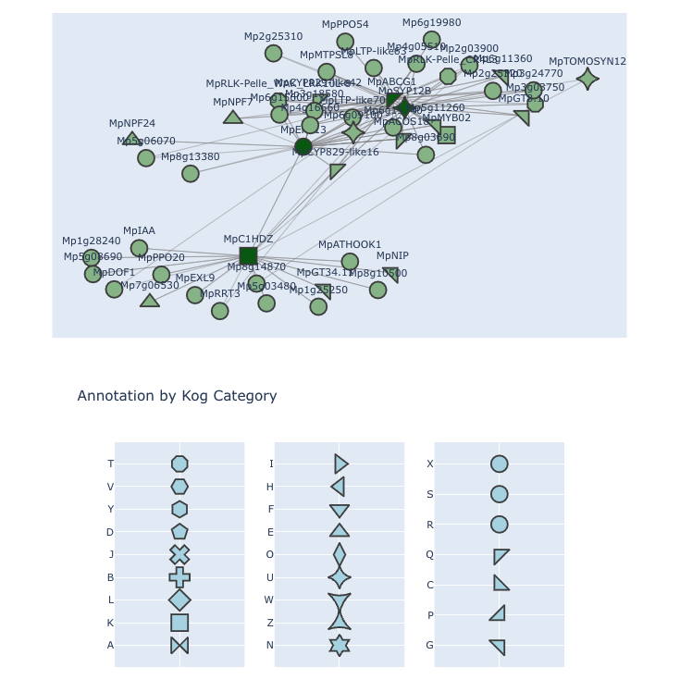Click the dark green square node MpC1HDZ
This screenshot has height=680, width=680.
click(x=248, y=255)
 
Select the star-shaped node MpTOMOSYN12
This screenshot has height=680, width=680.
click(x=587, y=79)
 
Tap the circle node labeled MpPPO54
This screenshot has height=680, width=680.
click(x=345, y=42)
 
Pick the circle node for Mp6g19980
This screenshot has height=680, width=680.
click(x=432, y=40)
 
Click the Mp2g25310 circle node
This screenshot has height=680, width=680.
click(x=273, y=54)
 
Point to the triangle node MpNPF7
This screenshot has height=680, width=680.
click(x=233, y=117)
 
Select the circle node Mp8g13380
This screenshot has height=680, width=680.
click(x=191, y=174)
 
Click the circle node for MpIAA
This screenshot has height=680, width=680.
click(x=139, y=248)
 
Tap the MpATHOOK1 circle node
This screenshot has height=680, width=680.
click(x=350, y=262)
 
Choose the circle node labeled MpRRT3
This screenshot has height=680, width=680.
click(x=219, y=311)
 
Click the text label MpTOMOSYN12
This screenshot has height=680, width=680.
click(x=587, y=62)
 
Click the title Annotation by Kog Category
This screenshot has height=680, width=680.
click(x=177, y=396)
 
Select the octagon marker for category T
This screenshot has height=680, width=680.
click(x=179, y=464)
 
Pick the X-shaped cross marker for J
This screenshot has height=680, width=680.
click(x=179, y=555)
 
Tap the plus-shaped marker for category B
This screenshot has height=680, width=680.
click(x=179, y=577)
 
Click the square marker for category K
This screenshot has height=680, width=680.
click(x=179, y=623)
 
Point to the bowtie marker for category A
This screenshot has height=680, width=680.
click(x=179, y=645)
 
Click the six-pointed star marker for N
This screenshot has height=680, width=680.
click(x=340, y=645)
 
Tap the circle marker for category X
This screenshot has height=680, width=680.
click(x=500, y=464)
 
